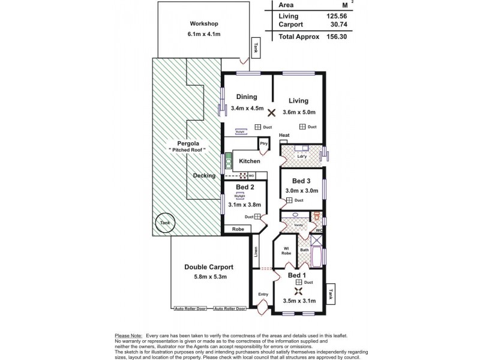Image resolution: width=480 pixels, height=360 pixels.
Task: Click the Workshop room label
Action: point(203,23)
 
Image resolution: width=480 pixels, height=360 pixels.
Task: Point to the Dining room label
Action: point(246,97)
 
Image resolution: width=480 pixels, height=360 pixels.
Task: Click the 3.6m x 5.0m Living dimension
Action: point(298,112)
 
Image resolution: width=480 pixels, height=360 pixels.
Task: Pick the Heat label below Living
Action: point(284,136)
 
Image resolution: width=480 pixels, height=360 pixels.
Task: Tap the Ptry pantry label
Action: point(262,145)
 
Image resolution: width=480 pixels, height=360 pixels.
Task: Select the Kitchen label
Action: point(249,161)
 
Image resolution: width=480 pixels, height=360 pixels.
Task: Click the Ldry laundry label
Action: point(302,157)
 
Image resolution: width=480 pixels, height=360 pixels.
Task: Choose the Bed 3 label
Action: point(301,181)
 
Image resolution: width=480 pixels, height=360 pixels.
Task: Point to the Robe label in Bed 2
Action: point(238,229)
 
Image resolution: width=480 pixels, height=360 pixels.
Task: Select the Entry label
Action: point(263,294)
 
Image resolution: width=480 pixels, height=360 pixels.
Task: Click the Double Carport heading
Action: point(208,267)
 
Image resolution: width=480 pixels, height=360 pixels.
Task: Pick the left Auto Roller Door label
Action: point(190,308)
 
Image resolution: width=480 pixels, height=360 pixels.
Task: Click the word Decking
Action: point(205,175)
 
